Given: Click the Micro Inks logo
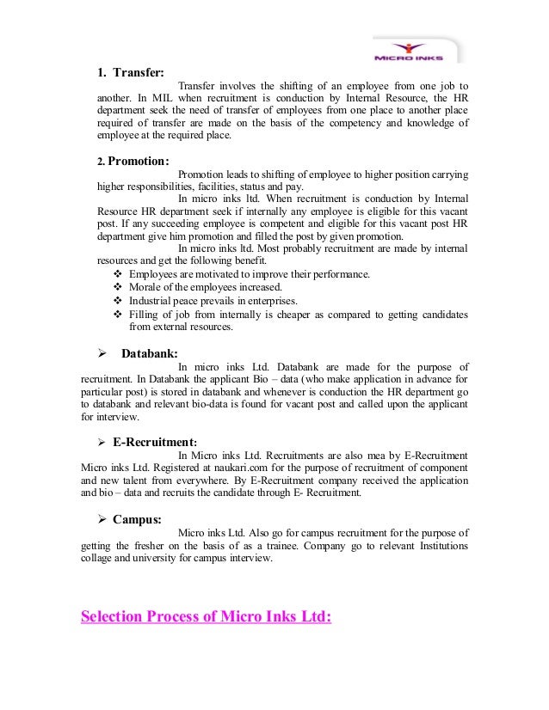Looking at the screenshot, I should [415, 50].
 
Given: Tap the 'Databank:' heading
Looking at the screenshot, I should [150, 352].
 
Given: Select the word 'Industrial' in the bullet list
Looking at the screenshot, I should [153, 301].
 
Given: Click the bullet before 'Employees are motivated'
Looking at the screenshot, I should [117, 273].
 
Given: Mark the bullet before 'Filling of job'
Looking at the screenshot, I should [117, 315].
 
